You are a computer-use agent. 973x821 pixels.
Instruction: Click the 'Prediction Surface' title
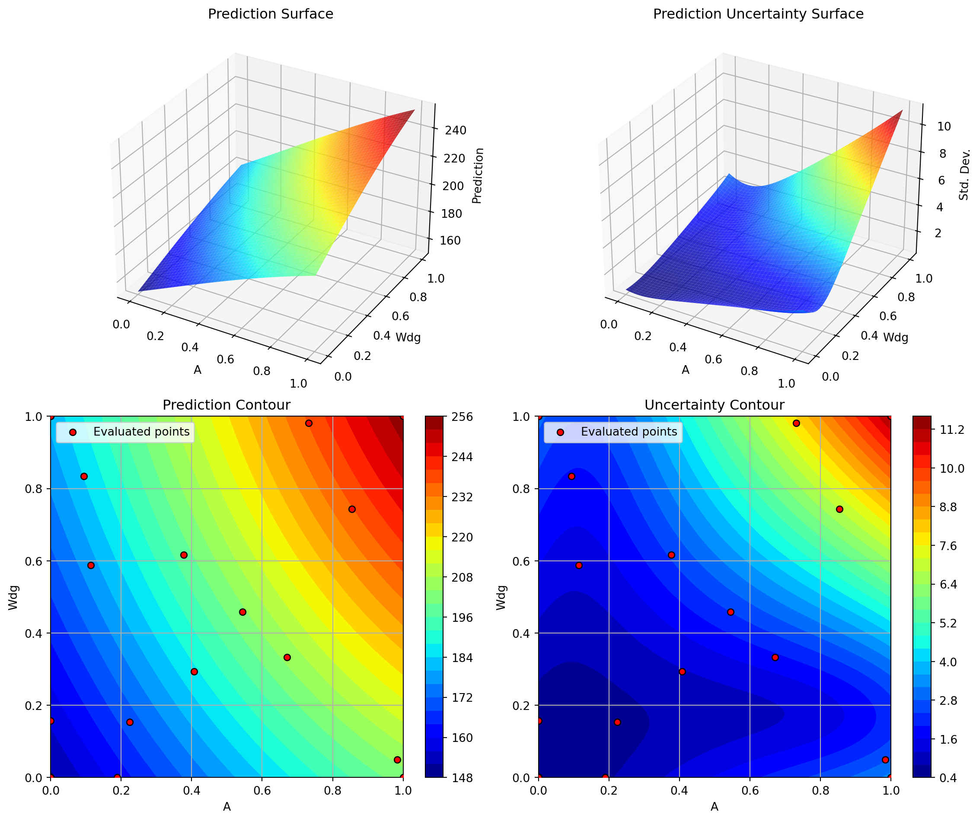coord(271,14)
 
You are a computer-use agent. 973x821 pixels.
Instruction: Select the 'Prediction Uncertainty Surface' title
coord(758,14)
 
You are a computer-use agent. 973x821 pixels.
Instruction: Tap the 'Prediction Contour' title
coord(226,405)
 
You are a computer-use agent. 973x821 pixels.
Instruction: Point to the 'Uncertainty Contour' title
coord(714,405)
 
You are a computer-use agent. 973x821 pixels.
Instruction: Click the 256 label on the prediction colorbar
coord(462,417)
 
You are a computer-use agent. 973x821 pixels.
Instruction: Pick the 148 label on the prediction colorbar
coord(462,778)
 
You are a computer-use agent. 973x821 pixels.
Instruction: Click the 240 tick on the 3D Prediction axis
coord(455,131)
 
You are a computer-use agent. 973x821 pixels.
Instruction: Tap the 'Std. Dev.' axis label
coord(964,175)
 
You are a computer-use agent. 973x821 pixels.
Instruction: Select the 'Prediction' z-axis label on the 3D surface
coord(478,175)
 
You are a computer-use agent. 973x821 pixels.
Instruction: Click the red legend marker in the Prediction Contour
coord(72,433)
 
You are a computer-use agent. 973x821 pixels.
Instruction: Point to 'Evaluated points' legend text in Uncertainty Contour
coord(628,432)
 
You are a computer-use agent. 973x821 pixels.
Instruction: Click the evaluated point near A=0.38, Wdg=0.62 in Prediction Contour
coord(184,555)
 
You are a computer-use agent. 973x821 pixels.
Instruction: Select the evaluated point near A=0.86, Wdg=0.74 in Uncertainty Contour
coord(839,509)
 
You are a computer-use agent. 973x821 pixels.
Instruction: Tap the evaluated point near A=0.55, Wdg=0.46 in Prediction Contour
coord(242,612)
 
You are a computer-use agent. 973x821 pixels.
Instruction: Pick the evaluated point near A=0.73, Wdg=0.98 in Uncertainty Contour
coord(796,423)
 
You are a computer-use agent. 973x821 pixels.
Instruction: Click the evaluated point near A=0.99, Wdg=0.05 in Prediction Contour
coord(397,760)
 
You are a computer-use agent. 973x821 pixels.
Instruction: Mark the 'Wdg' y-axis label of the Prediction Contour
coord(13,598)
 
